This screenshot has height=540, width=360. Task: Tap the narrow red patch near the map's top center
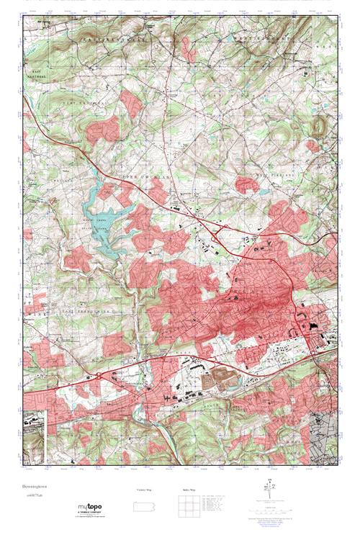[189, 48]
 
